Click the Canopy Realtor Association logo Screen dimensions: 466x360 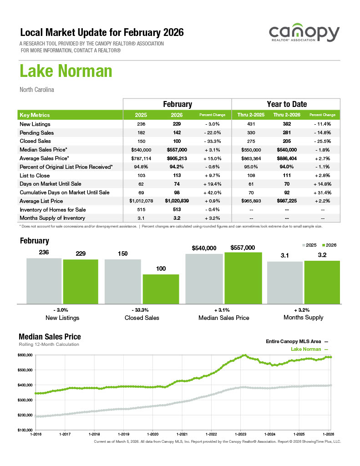[x=304, y=34]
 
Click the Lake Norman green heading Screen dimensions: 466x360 [x=66, y=72]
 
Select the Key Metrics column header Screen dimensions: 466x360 [x=35, y=115]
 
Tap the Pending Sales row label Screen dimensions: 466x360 [x=37, y=133]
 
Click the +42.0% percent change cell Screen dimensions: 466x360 [x=213, y=192]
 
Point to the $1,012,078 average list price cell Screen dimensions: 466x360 [x=141, y=201]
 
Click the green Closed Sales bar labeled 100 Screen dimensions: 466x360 [x=161, y=289]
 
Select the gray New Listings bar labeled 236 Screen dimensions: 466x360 [x=44, y=280]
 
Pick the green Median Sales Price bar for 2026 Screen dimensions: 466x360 [x=243, y=278]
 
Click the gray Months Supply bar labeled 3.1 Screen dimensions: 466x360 [x=284, y=282]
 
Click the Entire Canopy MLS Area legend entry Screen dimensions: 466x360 [x=296, y=341]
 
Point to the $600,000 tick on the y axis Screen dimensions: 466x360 [x=26, y=355]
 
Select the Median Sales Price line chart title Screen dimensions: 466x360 [x=50, y=337]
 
